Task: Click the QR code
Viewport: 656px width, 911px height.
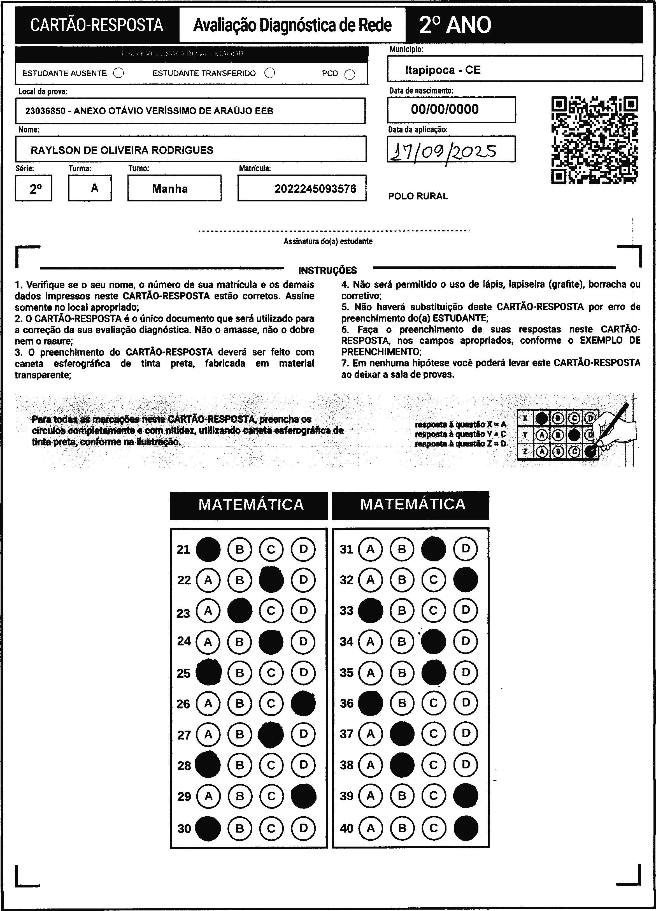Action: [x=595, y=140]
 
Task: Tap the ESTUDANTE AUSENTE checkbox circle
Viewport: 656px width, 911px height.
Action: [x=118, y=73]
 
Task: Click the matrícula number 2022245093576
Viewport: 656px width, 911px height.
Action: [x=315, y=189]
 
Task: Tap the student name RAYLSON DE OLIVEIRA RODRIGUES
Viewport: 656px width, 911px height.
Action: [x=122, y=150]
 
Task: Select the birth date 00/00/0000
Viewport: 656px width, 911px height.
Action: [x=445, y=109]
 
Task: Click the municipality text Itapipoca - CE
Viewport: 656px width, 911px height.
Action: [x=443, y=70]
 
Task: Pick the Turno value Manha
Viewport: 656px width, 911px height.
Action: [x=170, y=189]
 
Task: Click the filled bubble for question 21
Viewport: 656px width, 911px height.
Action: [x=208, y=549]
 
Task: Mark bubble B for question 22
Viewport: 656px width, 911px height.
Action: [x=240, y=580]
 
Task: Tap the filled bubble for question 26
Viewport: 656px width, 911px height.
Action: [x=303, y=703]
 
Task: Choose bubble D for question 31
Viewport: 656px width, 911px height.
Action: [x=466, y=549]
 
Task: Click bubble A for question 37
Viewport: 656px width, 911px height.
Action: [x=370, y=734]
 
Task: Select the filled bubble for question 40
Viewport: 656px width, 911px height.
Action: [x=466, y=828]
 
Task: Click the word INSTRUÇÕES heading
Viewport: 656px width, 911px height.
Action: [x=327, y=270]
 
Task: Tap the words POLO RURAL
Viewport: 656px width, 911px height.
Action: [x=418, y=196]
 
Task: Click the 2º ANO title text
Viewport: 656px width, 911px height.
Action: [x=455, y=25]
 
